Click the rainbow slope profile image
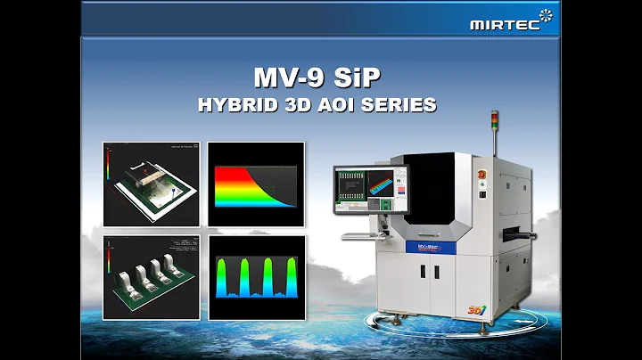coord(256,184)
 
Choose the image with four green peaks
coord(256,276)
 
